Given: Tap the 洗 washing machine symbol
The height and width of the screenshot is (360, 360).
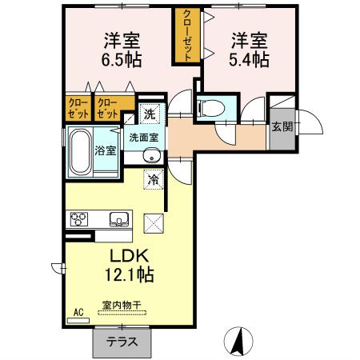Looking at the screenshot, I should tap(150, 113).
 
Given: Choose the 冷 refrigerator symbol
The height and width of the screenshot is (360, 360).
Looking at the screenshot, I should tap(153, 181).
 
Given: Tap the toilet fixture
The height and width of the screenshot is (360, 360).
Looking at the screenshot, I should tap(211, 106).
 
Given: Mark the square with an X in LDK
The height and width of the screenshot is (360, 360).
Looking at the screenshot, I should tap(152, 222).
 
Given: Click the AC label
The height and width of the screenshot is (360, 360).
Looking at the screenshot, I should tap(78, 311).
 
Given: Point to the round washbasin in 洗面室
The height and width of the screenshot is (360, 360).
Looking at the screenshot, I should tap(150, 158).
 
